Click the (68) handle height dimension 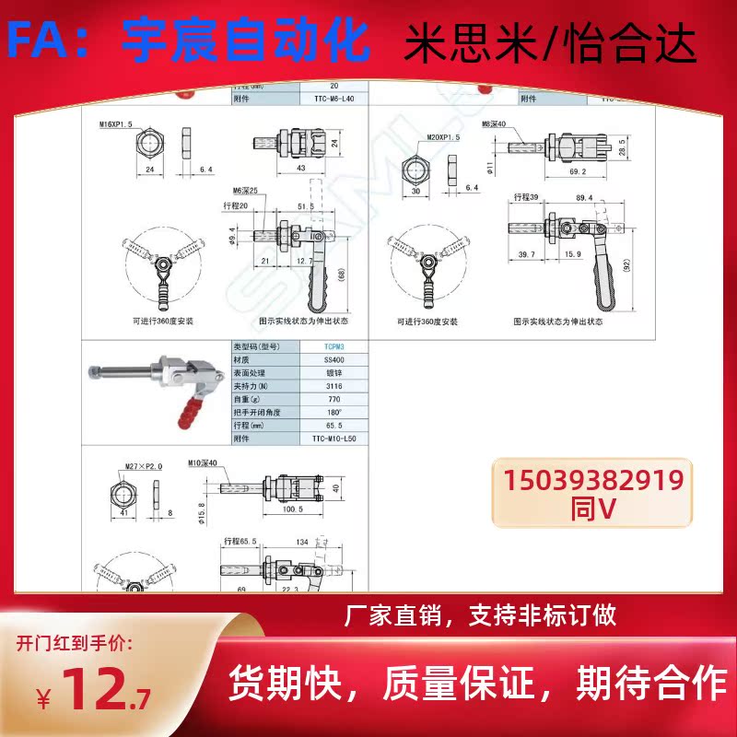click(x=343, y=275)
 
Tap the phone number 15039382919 click(x=593, y=481)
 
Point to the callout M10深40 click(x=205, y=462)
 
